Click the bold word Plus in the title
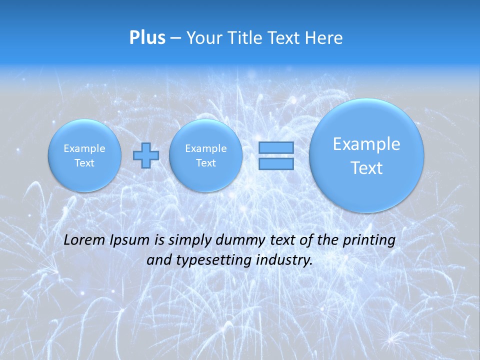[x=147, y=37]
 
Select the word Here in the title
[x=324, y=37]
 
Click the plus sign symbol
[x=146, y=155]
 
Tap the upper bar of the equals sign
[x=276, y=148]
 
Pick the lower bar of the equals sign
[x=276, y=163]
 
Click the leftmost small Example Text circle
[x=84, y=155]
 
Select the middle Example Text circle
[x=205, y=155]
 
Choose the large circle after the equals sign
[x=366, y=155]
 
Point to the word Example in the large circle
[x=366, y=144]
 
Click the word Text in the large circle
[x=366, y=168]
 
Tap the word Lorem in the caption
[x=84, y=240]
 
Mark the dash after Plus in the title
[x=175, y=38]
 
